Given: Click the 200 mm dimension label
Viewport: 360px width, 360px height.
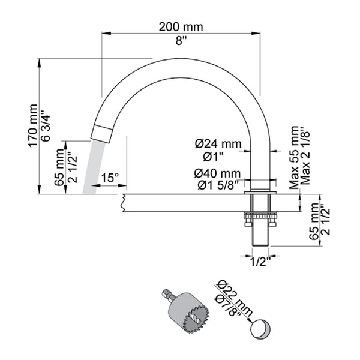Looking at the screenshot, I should [x=181, y=27].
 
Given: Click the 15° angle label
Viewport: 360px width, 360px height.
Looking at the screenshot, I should [x=110, y=178].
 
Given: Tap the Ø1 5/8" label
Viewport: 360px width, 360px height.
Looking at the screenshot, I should [x=218, y=184].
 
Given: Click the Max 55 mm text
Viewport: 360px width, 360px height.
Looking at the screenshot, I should [x=293, y=157].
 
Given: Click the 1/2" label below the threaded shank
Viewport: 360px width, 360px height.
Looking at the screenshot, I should [x=260, y=262].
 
